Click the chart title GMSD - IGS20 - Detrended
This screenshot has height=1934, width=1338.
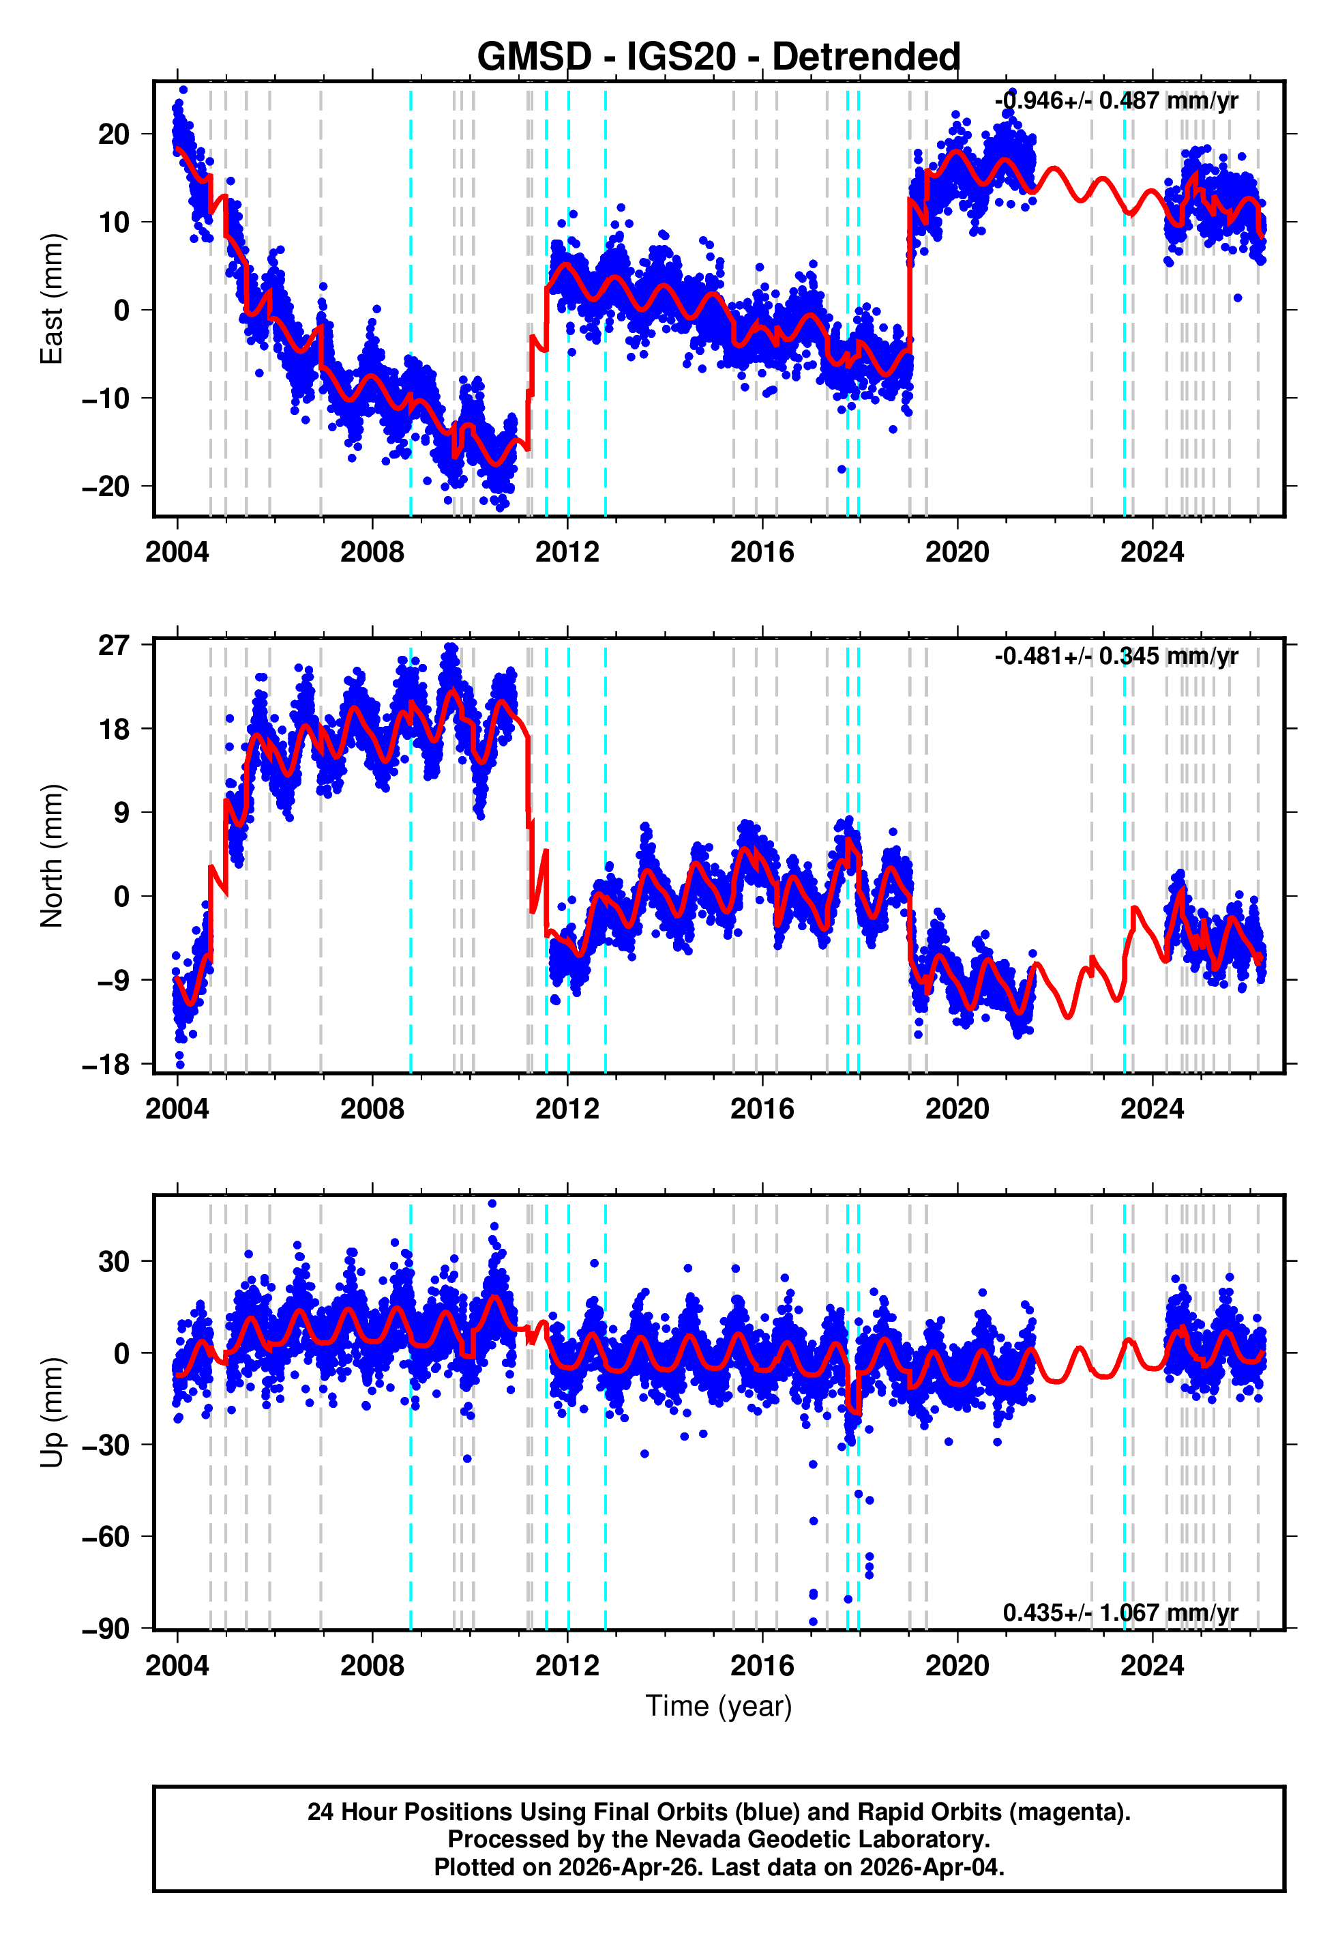(x=719, y=57)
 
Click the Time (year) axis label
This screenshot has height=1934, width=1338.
(x=719, y=1707)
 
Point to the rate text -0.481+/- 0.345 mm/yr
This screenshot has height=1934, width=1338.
(x=1116, y=656)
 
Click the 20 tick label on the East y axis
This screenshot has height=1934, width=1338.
(x=114, y=134)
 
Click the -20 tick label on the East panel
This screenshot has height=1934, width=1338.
(x=106, y=487)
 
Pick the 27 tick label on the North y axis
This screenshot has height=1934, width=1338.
(x=114, y=645)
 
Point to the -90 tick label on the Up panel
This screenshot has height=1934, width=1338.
(x=106, y=1629)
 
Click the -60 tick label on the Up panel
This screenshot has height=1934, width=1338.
(x=106, y=1536)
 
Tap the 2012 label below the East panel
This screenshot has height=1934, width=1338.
(x=567, y=552)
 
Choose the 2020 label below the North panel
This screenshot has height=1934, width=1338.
(x=957, y=1109)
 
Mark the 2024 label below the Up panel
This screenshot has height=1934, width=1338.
(x=1152, y=1666)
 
